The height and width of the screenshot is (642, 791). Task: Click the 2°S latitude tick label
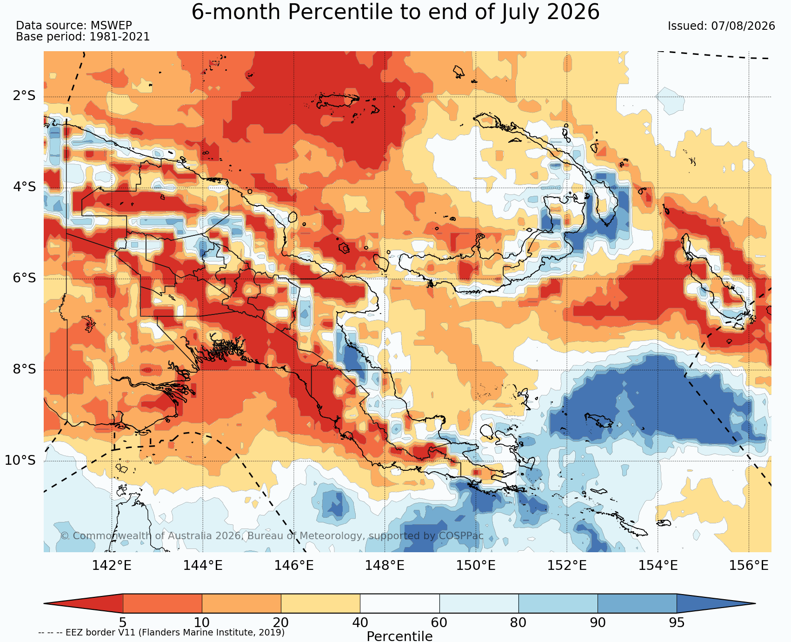(24, 96)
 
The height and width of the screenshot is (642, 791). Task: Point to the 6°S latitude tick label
(24, 278)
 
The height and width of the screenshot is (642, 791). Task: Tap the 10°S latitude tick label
(20, 460)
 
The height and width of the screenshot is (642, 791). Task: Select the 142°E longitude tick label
(112, 565)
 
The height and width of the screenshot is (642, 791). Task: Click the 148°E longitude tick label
(385, 565)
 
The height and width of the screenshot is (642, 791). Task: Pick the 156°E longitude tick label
(749, 565)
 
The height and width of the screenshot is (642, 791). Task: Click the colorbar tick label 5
(123, 622)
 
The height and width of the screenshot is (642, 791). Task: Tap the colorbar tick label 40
(360, 622)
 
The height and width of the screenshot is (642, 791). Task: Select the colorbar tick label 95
(677, 622)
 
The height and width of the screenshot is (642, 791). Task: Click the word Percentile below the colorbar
(399, 636)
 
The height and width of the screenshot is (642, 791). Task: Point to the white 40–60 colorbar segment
(400, 603)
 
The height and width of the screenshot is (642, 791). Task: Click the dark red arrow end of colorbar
(83, 603)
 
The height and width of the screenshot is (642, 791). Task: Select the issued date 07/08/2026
(743, 26)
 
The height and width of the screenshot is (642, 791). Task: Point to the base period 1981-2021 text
(120, 37)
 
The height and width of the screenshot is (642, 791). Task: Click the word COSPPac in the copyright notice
(461, 536)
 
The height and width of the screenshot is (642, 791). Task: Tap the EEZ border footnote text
(161, 633)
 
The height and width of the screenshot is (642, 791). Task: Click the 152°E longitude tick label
(567, 565)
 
